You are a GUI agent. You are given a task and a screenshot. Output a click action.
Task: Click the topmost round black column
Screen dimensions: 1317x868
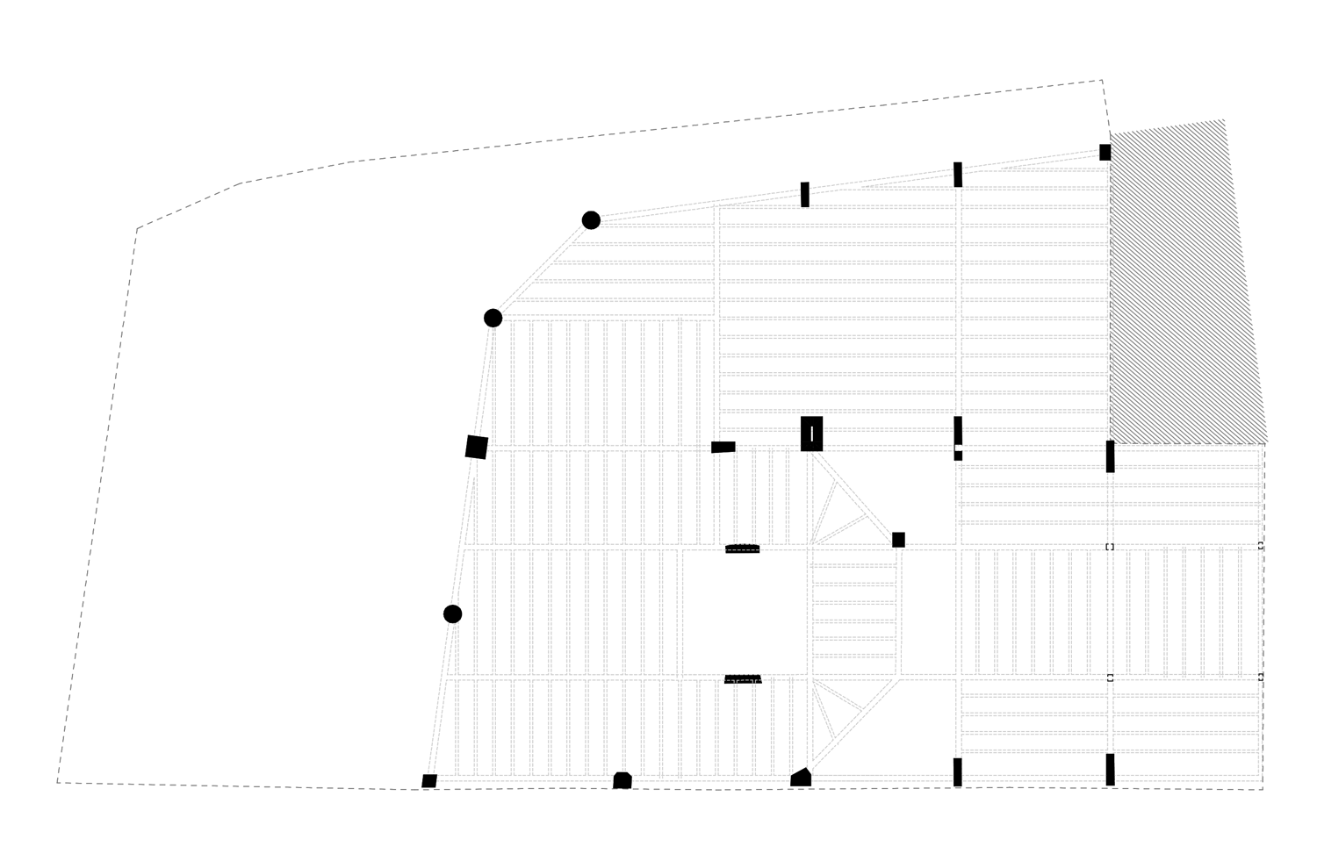tap(591, 220)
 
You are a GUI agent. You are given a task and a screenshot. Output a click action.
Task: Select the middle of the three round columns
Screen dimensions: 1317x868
tap(493, 318)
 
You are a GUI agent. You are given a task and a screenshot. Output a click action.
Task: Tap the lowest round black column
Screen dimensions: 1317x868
tap(452, 613)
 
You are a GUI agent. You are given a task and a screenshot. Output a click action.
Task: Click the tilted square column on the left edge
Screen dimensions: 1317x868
tap(476, 447)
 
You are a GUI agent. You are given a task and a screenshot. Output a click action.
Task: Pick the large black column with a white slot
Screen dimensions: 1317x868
tap(812, 434)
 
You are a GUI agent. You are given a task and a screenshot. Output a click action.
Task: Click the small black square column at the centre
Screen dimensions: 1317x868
tap(898, 540)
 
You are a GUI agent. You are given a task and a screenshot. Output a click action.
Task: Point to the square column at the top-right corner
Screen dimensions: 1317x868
tap(1105, 152)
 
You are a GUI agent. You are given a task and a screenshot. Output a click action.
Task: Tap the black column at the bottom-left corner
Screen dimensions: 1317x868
tap(429, 781)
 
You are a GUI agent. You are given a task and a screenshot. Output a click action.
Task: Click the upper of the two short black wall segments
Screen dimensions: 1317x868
tap(743, 549)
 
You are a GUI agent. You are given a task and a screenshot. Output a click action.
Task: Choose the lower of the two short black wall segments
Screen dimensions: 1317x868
tap(743, 679)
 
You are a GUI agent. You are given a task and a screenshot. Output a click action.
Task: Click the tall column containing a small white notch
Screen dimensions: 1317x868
tap(958, 438)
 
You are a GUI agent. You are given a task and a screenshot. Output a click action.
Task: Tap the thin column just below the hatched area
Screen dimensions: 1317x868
tap(1110, 456)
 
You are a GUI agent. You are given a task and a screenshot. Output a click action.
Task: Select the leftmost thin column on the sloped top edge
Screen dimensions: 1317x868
tap(804, 195)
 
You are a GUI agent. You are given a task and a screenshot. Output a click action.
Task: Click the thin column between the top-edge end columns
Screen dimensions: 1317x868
tap(958, 175)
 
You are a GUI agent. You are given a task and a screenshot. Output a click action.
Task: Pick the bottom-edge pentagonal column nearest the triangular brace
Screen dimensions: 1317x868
tap(801, 778)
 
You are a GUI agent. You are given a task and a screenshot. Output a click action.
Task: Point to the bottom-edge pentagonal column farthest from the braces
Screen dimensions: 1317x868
tap(623, 780)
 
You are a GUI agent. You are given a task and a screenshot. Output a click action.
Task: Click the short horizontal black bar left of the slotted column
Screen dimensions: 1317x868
tap(723, 447)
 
